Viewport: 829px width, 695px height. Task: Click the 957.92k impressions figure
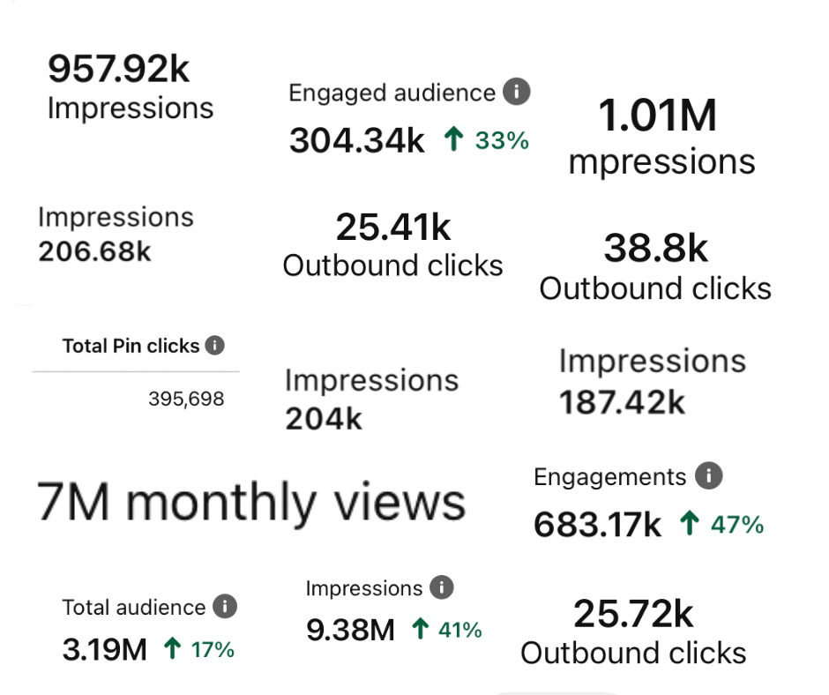[118, 69]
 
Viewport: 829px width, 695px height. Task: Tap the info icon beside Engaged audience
[516, 91]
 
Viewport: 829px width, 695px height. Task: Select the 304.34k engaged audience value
[357, 140]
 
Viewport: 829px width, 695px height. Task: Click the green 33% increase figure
[502, 139]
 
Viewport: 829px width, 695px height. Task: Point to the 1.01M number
[658, 116]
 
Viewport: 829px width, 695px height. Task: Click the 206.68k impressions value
[95, 251]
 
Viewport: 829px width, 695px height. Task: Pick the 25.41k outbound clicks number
[393, 228]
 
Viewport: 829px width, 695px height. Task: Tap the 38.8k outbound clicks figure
[656, 249]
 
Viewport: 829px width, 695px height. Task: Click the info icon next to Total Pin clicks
[214, 345]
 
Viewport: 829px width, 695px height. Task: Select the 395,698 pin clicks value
[186, 400]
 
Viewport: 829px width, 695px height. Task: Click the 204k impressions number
[324, 419]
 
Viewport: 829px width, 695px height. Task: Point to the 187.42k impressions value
[623, 401]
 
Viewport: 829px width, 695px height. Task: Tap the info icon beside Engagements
[707, 477]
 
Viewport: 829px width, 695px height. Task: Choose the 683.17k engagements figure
[597, 526]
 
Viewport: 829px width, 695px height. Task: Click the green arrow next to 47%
[690, 525]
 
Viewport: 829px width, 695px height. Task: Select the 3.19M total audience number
[104, 650]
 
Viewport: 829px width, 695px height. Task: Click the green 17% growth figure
[213, 650]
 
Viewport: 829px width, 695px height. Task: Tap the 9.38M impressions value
[350, 630]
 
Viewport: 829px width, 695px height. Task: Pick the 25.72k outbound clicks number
[633, 614]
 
